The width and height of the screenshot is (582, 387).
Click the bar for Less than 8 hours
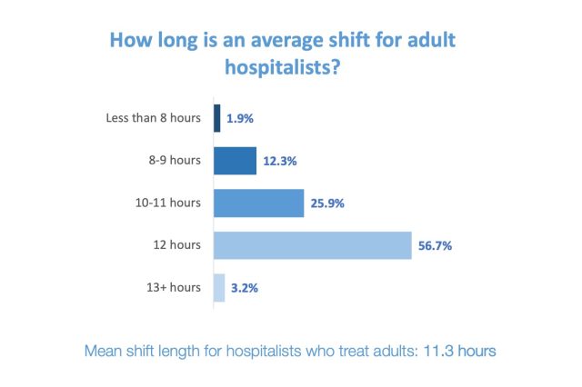[x=217, y=118]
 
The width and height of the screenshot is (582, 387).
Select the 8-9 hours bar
[x=236, y=161]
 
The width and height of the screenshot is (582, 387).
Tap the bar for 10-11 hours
[x=258, y=203]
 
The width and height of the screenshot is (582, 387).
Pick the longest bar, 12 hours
[x=314, y=245]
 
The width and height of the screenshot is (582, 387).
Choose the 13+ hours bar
[x=219, y=288]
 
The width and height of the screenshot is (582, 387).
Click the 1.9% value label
[x=241, y=118]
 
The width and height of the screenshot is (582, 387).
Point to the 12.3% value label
[x=281, y=161]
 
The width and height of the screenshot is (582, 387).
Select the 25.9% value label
[x=327, y=203]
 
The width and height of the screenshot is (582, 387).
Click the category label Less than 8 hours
[x=154, y=118]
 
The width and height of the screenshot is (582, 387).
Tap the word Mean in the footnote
[x=103, y=350]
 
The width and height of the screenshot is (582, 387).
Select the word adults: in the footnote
[x=394, y=350]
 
